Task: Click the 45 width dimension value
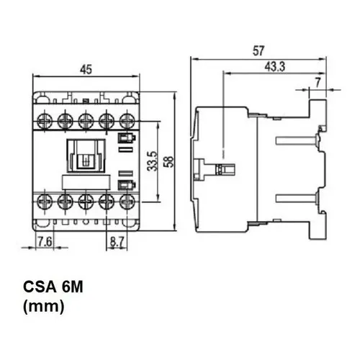(x=86, y=69)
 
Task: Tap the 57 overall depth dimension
(x=258, y=51)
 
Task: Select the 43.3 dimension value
(x=275, y=66)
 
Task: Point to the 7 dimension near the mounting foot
(x=318, y=83)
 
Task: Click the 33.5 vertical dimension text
(x=153, y=161)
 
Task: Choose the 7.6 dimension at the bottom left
(x=45, y=241)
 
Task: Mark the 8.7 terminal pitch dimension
(x=117, y=242)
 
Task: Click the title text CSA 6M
(x=53, y=287)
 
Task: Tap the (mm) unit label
(x=44, y=307)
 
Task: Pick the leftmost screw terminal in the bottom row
(x=45, y=200)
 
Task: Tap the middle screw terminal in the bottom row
(x=86, y=200)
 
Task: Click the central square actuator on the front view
(x=86, y=156)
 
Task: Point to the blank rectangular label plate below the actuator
(x=86, y=182)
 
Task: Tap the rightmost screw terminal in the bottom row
(x=127, y=200)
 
